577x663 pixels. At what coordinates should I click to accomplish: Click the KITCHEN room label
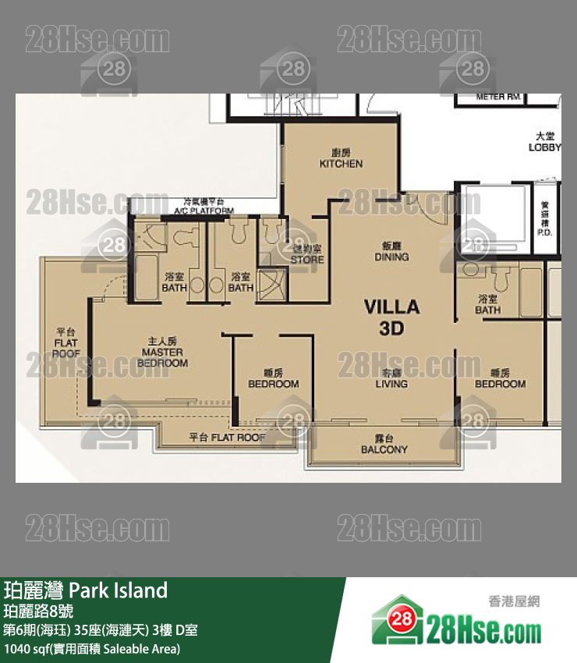tap(341, 159)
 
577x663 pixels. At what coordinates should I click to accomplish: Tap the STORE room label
tap(307, 255)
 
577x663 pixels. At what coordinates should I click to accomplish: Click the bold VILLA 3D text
tap(391, 317)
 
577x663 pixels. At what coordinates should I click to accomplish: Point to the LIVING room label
tap(391, 379)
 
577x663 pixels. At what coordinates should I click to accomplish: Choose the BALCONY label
tap(384, 445)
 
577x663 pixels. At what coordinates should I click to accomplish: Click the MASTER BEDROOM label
tap(162, 357)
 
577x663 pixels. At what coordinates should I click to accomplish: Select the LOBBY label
tap(544, 142)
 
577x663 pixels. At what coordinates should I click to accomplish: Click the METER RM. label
tap(499, 97)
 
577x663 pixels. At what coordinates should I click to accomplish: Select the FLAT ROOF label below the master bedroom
tap(227, 438)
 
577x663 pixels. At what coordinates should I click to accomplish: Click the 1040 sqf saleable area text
tap(92, 649)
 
